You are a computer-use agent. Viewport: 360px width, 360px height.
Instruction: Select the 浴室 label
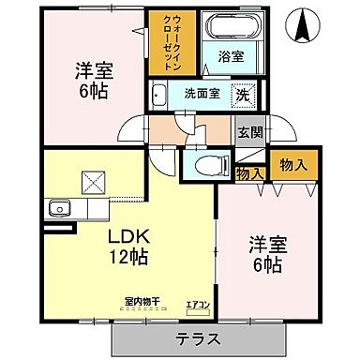[231, 57]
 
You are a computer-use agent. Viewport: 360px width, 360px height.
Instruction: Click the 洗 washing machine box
[242, 94]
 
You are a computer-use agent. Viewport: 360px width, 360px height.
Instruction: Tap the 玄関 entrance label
[248, 133]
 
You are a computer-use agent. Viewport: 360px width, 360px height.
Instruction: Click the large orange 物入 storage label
[293, 165]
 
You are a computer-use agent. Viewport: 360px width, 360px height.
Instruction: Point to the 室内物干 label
[142, 302]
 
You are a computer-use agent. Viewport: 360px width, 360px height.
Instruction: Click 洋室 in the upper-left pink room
[93, 69]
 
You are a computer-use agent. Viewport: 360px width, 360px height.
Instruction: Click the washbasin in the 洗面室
[158, 94]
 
